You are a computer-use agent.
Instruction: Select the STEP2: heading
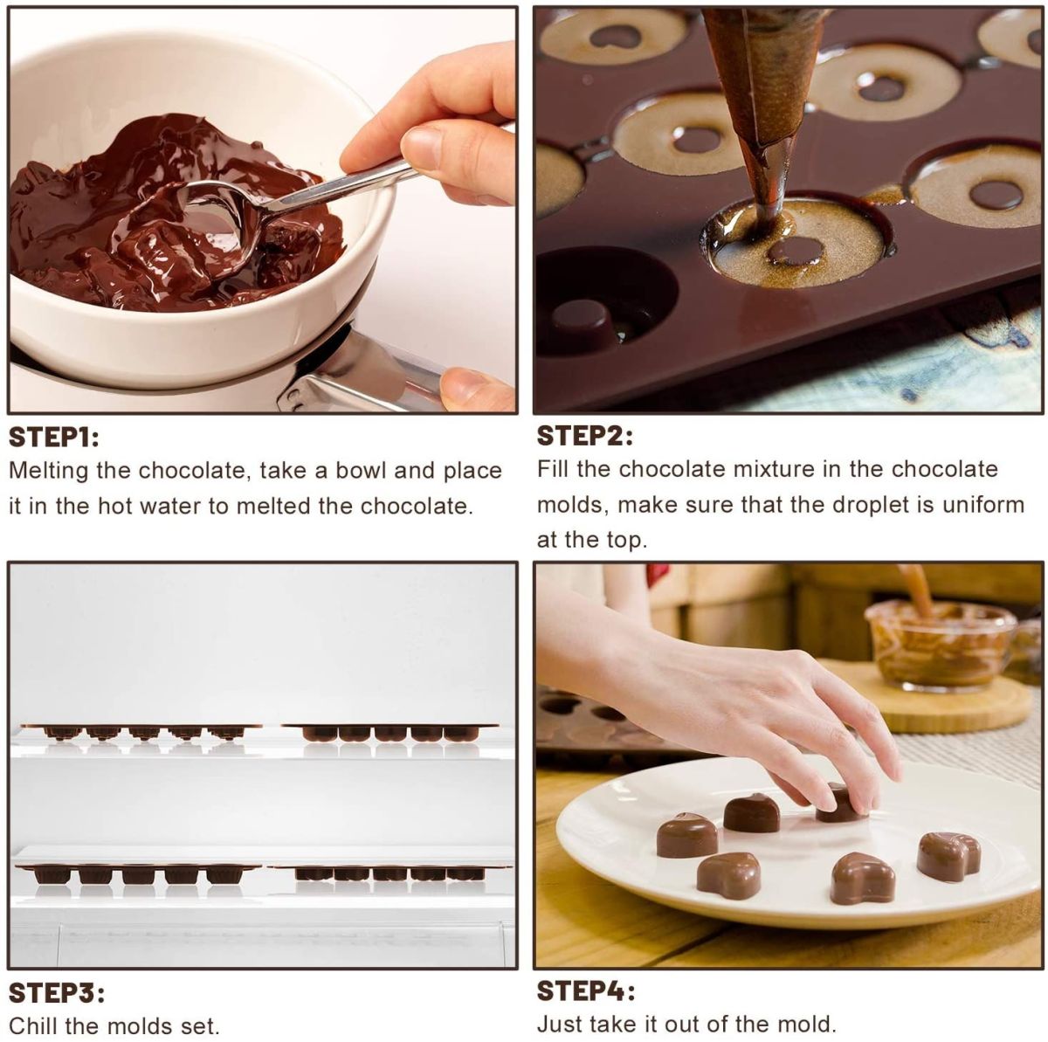(584, 436)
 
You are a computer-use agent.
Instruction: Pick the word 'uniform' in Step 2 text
(982, 505)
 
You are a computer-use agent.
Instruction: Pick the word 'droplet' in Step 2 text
(872, 505)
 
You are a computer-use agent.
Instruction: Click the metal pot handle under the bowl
(367, 376)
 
